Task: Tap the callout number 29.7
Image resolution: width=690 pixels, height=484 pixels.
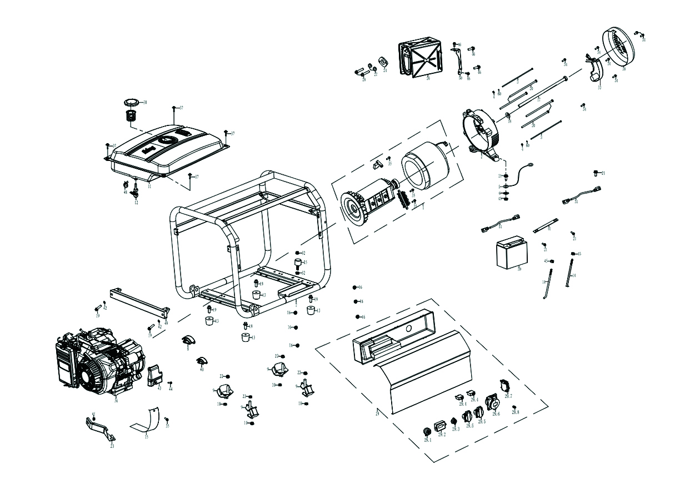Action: click(508, 396)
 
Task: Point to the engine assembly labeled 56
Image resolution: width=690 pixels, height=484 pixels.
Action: click(100, 364)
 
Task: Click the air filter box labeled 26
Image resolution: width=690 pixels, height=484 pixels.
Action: click(421, 57)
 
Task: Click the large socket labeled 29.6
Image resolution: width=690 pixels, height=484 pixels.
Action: click(492, 402)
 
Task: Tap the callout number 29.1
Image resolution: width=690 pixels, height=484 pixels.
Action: click(427, 440)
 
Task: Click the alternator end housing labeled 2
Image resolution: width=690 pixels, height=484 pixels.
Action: click(481, 133)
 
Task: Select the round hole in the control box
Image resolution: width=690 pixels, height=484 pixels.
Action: click(409, 329)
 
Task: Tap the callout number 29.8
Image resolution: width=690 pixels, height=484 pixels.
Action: click(516, 412)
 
